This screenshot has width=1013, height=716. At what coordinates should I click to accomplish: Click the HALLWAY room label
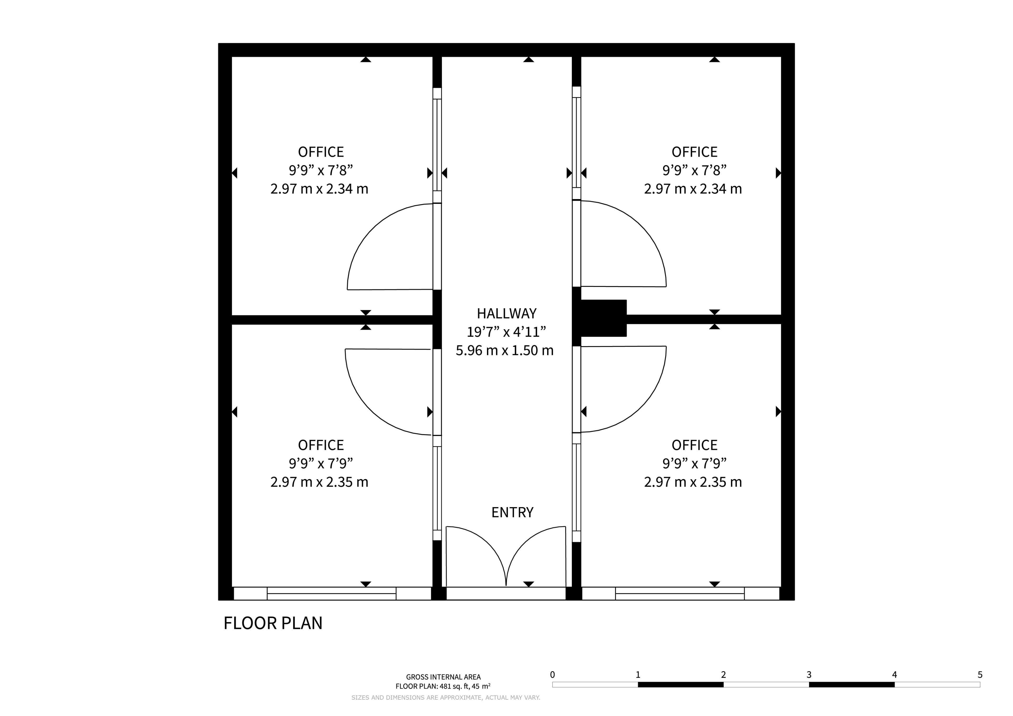(x=506, y=314)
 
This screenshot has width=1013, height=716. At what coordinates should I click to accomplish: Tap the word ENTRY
(x=512, y=512)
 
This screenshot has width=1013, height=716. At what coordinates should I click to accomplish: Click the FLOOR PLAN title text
(x=273, y=623)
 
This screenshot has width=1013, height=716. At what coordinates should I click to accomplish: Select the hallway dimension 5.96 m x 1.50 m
(x=504, y=350)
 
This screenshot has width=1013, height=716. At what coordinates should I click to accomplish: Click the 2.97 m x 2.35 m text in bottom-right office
(x=693, y=482)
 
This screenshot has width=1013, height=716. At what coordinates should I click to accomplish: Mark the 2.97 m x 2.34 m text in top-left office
(x=319, y=189)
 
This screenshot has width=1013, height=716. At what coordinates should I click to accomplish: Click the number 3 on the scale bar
(x=809, y=675)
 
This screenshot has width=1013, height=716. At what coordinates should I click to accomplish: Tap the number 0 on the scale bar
(x=552, y=675)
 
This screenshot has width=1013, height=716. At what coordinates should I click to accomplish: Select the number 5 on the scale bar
(x=980, y=675)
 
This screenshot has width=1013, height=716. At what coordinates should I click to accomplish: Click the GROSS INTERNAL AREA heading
(x=443, y=677)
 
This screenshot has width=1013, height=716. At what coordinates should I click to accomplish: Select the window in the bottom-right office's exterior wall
(x=680, y=593)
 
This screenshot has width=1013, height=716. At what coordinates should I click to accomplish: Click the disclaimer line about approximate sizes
(x=446, y=698)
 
